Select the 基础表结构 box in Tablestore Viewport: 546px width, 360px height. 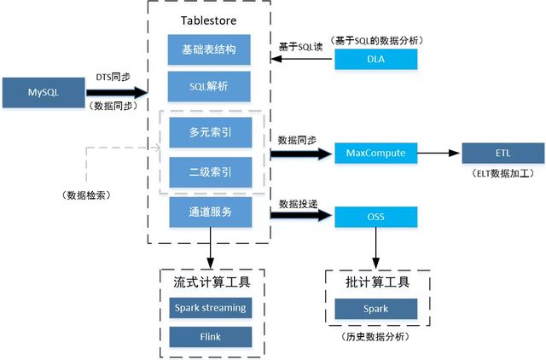[x=209, y=49]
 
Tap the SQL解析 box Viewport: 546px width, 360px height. [x=209, y=86]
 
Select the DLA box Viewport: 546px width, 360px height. [x=376, y=59]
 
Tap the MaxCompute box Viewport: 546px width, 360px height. [x=376, y=154]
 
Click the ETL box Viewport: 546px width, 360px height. [x=502, y=154]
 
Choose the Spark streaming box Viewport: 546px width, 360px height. [x=209, y=307]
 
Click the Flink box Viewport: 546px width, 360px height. [x=209, y=337]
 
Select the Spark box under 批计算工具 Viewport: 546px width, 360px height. [x=376, y=307]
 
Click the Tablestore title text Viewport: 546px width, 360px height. [x=210, y=20]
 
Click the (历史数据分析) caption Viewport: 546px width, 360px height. [x=376, y=337]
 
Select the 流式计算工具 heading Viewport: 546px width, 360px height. [x=209, y=282]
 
